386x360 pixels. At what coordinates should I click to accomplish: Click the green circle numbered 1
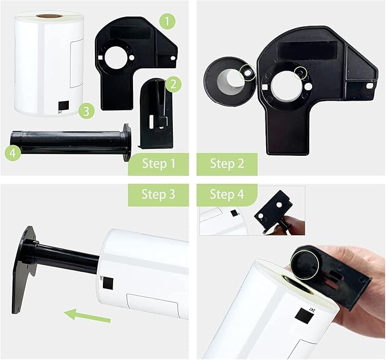(x=167, y=21)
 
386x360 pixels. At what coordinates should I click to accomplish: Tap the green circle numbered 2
(x=173, y=84)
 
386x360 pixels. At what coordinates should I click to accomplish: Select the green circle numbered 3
(x=86, y=111)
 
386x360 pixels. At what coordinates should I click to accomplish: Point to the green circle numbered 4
(x=13, y=153)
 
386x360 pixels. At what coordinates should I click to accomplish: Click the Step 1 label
(x=158, y=164)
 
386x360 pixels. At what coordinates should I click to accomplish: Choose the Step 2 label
(x=227, y=164)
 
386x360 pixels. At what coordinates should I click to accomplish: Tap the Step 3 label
(x=158, y=195)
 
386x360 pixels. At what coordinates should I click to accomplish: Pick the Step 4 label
(x=227, y=195)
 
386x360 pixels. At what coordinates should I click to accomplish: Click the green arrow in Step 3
(x=88, y=316)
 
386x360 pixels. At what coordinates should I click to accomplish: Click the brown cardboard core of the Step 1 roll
(x=49, y=16)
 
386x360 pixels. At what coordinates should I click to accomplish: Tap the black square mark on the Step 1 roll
(x=64, y=106)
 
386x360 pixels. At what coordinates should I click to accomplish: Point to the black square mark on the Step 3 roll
(x=108, y=283)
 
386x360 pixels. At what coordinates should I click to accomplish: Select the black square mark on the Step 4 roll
(x=304, y=316)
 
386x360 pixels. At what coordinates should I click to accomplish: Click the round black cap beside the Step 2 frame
(x=230, y=81)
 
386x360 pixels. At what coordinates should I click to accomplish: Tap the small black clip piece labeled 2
(x=156, y=114)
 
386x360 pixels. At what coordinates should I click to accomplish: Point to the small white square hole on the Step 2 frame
(x=265, y=87)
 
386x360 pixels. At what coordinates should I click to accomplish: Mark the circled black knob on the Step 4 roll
(x=305, y=263)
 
